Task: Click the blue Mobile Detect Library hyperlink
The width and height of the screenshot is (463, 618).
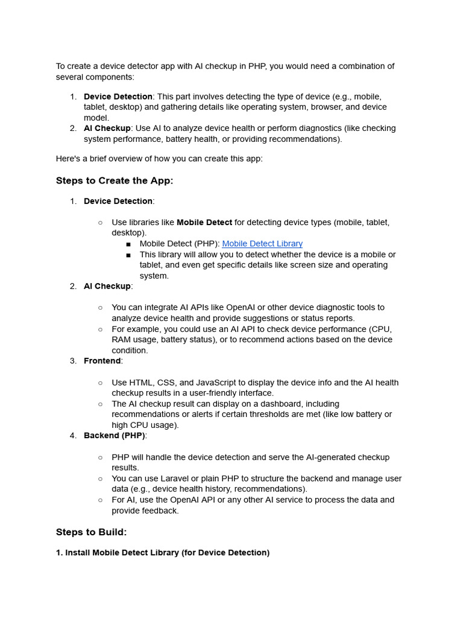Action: pos(262,244)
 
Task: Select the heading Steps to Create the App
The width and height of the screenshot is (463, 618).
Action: pos(115,180)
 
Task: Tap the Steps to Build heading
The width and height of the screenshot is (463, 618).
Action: pos(91,532)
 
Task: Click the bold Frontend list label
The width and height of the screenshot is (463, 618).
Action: pos(102,361)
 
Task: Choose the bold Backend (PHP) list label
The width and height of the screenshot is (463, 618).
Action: pos(115,435)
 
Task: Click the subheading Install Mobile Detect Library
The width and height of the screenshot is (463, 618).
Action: pos(163,552)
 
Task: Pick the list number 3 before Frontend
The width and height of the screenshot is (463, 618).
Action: pos(73,361)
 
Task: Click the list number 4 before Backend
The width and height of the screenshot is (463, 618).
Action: pos(73,435)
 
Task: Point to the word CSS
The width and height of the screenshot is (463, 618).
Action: pos(166,383)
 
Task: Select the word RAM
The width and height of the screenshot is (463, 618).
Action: pos(122,340)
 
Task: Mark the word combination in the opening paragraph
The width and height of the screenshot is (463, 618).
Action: pos(353,66)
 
